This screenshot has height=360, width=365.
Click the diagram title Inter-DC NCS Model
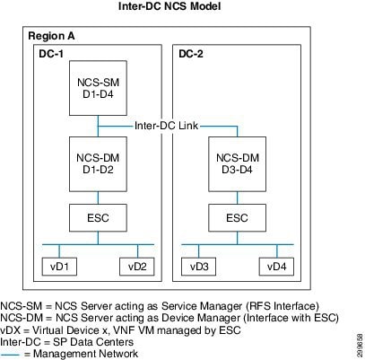(169, 6)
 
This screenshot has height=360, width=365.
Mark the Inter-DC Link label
(166, 126)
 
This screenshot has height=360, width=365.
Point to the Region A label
(51, 36)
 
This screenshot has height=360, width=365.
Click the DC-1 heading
(51, 54)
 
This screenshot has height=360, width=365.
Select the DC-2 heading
(191, 54)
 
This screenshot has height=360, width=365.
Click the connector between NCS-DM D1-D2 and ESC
(98, 198)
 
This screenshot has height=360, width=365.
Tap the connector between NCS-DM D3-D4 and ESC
(238, 198)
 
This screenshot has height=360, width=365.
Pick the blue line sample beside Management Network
(11, 355)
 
